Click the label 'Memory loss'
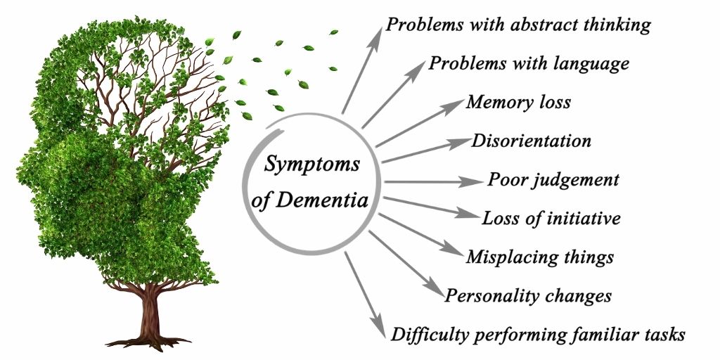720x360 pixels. pyautogui.click(x=518, y=102)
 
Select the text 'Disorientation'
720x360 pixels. pyautogui.click(x=531, y=141)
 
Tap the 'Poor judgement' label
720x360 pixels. pyautogui.click(x=553, y=179)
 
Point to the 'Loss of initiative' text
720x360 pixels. pyautogui.click(x=551, y=218)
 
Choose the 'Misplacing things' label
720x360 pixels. pyautogui.click(x=540, y=257)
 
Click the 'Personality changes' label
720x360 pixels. pyautogui.click(x=528, y=296)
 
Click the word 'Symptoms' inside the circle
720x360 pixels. pyautogui.click(x=311, y=165)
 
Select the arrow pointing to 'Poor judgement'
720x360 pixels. pyautogui.click(x=434, y=182)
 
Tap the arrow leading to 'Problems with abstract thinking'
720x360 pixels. pyautogui.click(x=362, y=70)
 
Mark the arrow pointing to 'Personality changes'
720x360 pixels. pyautogui.click(x=406, y=264)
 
